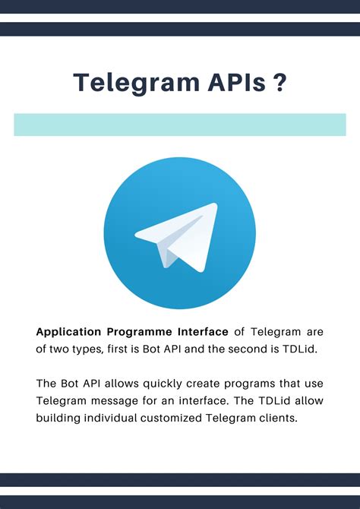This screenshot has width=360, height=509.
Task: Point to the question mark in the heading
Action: coord(280,83)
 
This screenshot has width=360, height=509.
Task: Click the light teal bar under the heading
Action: coord(180,125)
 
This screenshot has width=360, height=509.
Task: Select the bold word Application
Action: coord(70,332)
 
